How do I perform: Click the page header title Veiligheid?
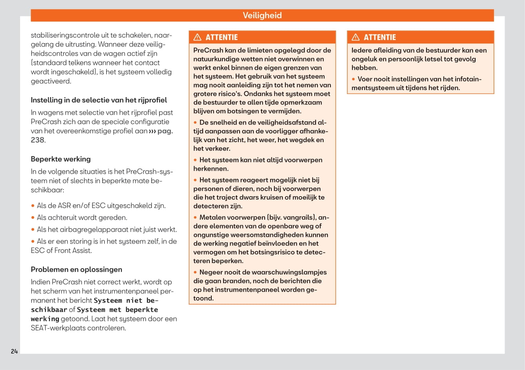[x=262, y=15]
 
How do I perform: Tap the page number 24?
[x=14, y=351]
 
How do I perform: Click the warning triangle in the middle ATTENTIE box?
[x=198, y=37]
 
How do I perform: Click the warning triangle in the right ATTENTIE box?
[x=356, y=37]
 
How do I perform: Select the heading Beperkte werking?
[x=61, y=159]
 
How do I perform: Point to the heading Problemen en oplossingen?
[x=76, y=269]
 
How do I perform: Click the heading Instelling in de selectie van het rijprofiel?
[x=99, y=100]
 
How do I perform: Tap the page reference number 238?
[x=37, y=140]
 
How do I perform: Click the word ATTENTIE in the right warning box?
[x=380, y=37]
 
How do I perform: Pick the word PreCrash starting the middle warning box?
[x=208, y=50]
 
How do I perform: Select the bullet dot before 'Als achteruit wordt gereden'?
[x=33, y=218]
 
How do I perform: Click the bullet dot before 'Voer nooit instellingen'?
[x=354, y=79]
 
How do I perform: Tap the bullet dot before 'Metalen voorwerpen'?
[x=195, y=217]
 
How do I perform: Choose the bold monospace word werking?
[x=45, y=319]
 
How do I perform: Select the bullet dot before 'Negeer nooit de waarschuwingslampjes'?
[x=195, y=272]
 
